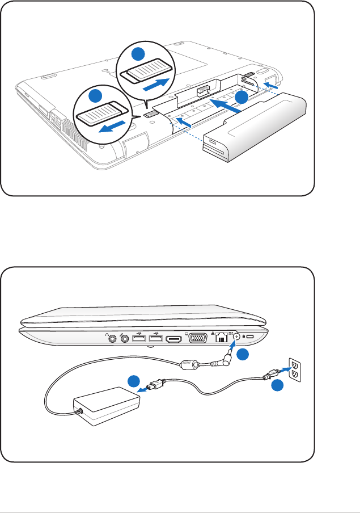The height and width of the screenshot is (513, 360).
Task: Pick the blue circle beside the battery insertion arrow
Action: pos(242,97)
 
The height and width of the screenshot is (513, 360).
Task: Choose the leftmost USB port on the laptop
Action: pos(138,339)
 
